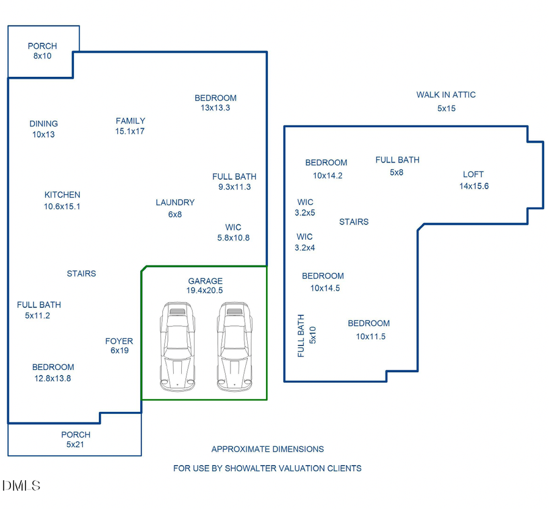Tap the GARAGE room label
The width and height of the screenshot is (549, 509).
click(x=205, y=281)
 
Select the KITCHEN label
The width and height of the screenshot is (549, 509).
click(x=62, y=195)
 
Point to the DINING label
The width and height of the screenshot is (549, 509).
click(x=43, y=124)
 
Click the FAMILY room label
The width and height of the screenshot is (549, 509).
click(x=131, y=121)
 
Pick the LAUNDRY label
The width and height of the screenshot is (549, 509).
click(x=175, y=203)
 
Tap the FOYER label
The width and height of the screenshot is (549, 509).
click(x=119, y=341)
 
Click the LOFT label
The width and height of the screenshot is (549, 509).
click(x=473, y=175)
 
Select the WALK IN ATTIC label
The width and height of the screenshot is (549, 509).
click(x=446, y=95)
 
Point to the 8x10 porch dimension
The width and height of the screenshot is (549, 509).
click(x=43, y=56)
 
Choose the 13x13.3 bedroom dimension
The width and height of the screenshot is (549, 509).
click(x=215, y=108)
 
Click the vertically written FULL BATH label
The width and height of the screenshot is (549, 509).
click(x=301, y=336)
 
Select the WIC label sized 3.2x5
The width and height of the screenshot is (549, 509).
click(x=305, y=202)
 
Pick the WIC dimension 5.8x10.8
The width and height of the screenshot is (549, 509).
click(x=234, y=238)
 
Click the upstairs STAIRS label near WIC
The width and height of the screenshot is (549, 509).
click(x=354, y=222)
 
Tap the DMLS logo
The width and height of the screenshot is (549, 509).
click(x=21, y=486)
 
